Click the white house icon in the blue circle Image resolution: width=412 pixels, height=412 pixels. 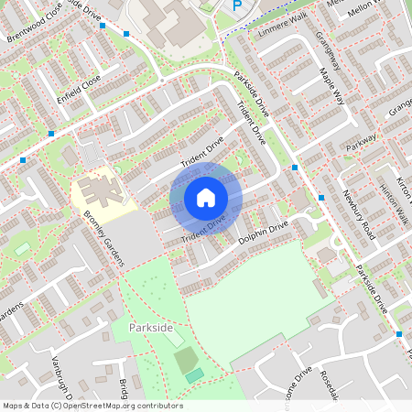(205, 198)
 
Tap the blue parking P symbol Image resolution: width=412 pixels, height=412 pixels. (237, 5)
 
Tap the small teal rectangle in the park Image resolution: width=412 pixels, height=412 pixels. (193, 375)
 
